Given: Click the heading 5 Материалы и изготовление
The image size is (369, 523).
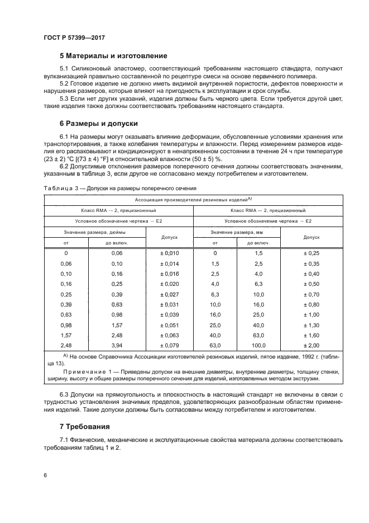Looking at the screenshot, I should tap(113, 56).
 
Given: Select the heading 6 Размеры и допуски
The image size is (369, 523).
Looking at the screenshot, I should tap(99, 123).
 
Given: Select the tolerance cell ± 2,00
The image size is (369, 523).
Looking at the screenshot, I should tap(310, 345).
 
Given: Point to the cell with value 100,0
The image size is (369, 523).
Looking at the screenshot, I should tap(259, 345).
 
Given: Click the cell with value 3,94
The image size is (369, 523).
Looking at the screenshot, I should tap(117, 345).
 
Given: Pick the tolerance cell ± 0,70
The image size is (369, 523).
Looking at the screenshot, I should tap(310, 294).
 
